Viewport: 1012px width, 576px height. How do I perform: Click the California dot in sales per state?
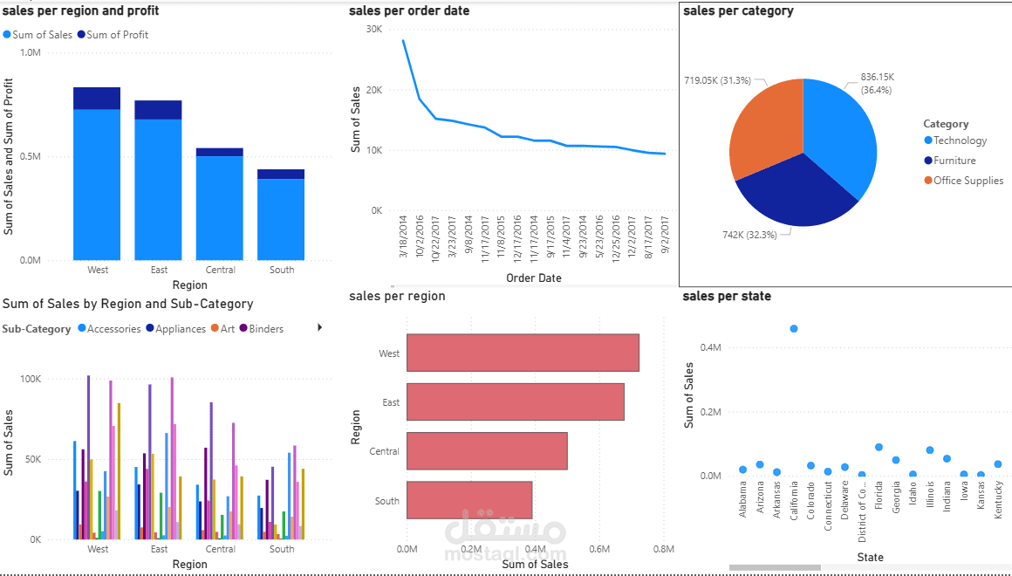click(x=794, y=328)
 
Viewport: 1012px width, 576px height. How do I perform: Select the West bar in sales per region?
click(x=523, y=353)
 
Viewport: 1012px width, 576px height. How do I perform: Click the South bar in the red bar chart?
click(x=469, y=500)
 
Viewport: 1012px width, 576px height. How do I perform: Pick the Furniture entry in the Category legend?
click(x=954, y=161)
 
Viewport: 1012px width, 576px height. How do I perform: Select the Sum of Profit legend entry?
click(x=117, y=35)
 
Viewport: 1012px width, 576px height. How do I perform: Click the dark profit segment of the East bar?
click(x=158, y=109)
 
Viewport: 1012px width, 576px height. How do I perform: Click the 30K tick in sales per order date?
click(x=373, y=29)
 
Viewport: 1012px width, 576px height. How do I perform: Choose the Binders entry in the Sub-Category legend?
click(x=266, y=329)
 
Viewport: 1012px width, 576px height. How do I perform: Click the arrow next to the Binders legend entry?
click(x=319, y=327)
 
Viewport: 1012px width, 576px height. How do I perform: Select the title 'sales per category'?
click(x=738, y=11)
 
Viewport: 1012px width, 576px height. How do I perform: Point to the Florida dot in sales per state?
click(x=879, y=447)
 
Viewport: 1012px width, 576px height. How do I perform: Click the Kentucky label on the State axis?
click(x=998, y=500)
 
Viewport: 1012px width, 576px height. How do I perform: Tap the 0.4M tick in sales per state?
click(x=710, y=347)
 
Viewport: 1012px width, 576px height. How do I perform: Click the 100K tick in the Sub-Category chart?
click(x=30, y=379)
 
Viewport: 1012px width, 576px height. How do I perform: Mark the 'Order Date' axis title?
click(x=533, y=278)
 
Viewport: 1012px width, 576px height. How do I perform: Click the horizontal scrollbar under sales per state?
click(x=775, y=567)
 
